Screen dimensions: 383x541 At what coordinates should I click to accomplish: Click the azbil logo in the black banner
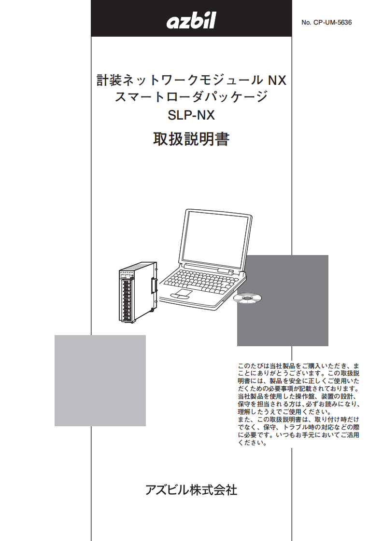tap(191, 20)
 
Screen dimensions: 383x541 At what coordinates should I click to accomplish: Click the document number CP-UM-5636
tap(333, 23)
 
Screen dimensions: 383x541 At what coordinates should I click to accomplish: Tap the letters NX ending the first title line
tap(277, 81)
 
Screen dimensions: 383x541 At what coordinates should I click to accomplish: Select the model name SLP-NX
tap(191, 115)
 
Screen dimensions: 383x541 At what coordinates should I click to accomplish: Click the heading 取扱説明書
tap(191, 139)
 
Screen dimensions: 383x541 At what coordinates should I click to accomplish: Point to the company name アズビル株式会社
tap(191, 490)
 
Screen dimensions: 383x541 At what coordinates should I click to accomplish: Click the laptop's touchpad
tap(183, 294)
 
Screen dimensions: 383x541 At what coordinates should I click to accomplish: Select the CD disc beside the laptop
tap(247, 298)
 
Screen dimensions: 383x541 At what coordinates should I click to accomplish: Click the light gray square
tap(100, 380)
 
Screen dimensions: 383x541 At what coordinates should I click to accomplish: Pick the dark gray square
tap(283, 300)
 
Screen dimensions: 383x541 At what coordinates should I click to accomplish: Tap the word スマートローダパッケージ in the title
tap(191, 96)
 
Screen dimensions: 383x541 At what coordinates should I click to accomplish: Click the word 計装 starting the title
tap(109, 81)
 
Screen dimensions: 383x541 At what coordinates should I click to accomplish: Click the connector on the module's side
tap(154, 285)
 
